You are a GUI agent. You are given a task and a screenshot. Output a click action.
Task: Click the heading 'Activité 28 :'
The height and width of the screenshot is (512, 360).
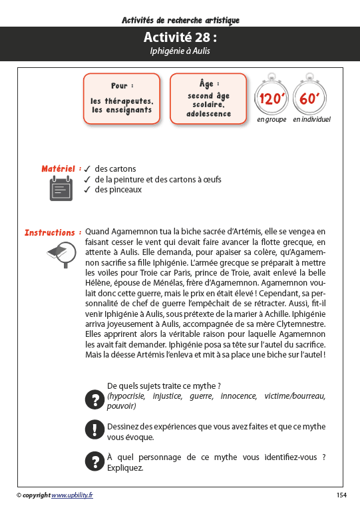pos(180,38)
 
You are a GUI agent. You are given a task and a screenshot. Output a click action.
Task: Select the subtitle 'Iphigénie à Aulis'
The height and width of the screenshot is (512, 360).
pos(180,51)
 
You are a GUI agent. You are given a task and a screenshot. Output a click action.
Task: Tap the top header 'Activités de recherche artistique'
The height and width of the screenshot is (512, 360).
pos(180,20)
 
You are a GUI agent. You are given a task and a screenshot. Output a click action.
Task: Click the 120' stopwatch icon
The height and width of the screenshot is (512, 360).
pos(272,99)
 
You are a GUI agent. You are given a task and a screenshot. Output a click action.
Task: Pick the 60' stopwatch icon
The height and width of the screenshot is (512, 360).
pos(311,99)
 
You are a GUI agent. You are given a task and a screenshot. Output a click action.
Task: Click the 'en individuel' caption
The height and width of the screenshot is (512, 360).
pos(311,120)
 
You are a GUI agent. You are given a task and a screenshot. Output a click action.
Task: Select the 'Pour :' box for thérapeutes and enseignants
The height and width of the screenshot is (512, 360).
pos(122,99)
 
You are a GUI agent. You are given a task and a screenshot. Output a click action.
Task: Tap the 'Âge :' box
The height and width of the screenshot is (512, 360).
pos(209,99)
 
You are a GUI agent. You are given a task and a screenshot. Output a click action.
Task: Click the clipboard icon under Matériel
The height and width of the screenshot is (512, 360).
pos(61,189)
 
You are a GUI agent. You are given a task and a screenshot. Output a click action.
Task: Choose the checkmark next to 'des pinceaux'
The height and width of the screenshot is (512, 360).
pos(87,190)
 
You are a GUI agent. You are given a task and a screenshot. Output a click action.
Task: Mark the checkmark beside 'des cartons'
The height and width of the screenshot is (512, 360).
pos(87,169)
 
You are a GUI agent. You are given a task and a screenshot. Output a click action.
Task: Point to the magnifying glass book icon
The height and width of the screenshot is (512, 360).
pos(60,254)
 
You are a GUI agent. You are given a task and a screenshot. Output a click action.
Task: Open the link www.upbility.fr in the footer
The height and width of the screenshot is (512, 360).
pos(72,495)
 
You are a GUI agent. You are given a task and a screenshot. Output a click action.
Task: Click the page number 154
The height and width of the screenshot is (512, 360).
pos(341,495)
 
